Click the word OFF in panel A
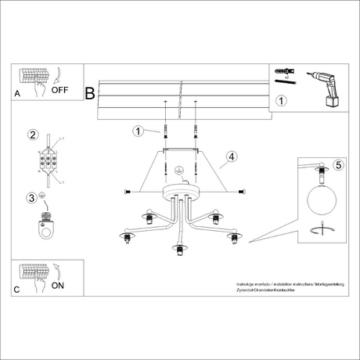click(60, 90)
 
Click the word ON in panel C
click(57, 286)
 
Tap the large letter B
click(90, 93)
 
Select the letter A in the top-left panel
click(17, 93)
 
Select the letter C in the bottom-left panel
click(17, 290)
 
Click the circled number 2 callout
click(33, 134)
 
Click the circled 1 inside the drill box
click(283, 100)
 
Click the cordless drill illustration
click(323, 88)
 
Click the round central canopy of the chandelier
click(178, 193)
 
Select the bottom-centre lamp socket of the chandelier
click(178, 250)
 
